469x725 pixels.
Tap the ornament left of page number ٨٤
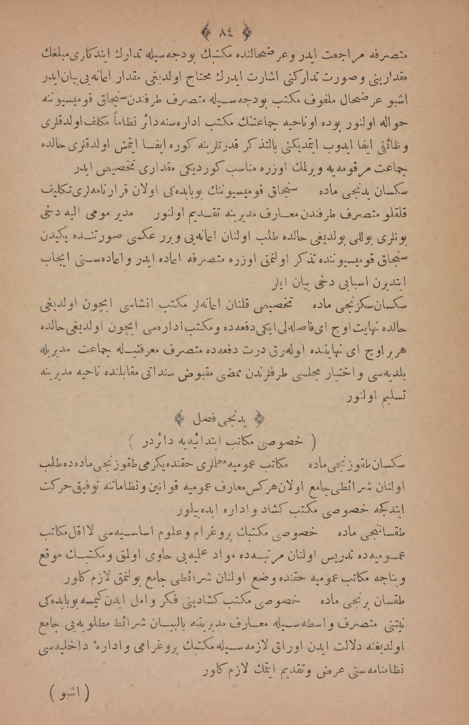click(207, 31)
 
